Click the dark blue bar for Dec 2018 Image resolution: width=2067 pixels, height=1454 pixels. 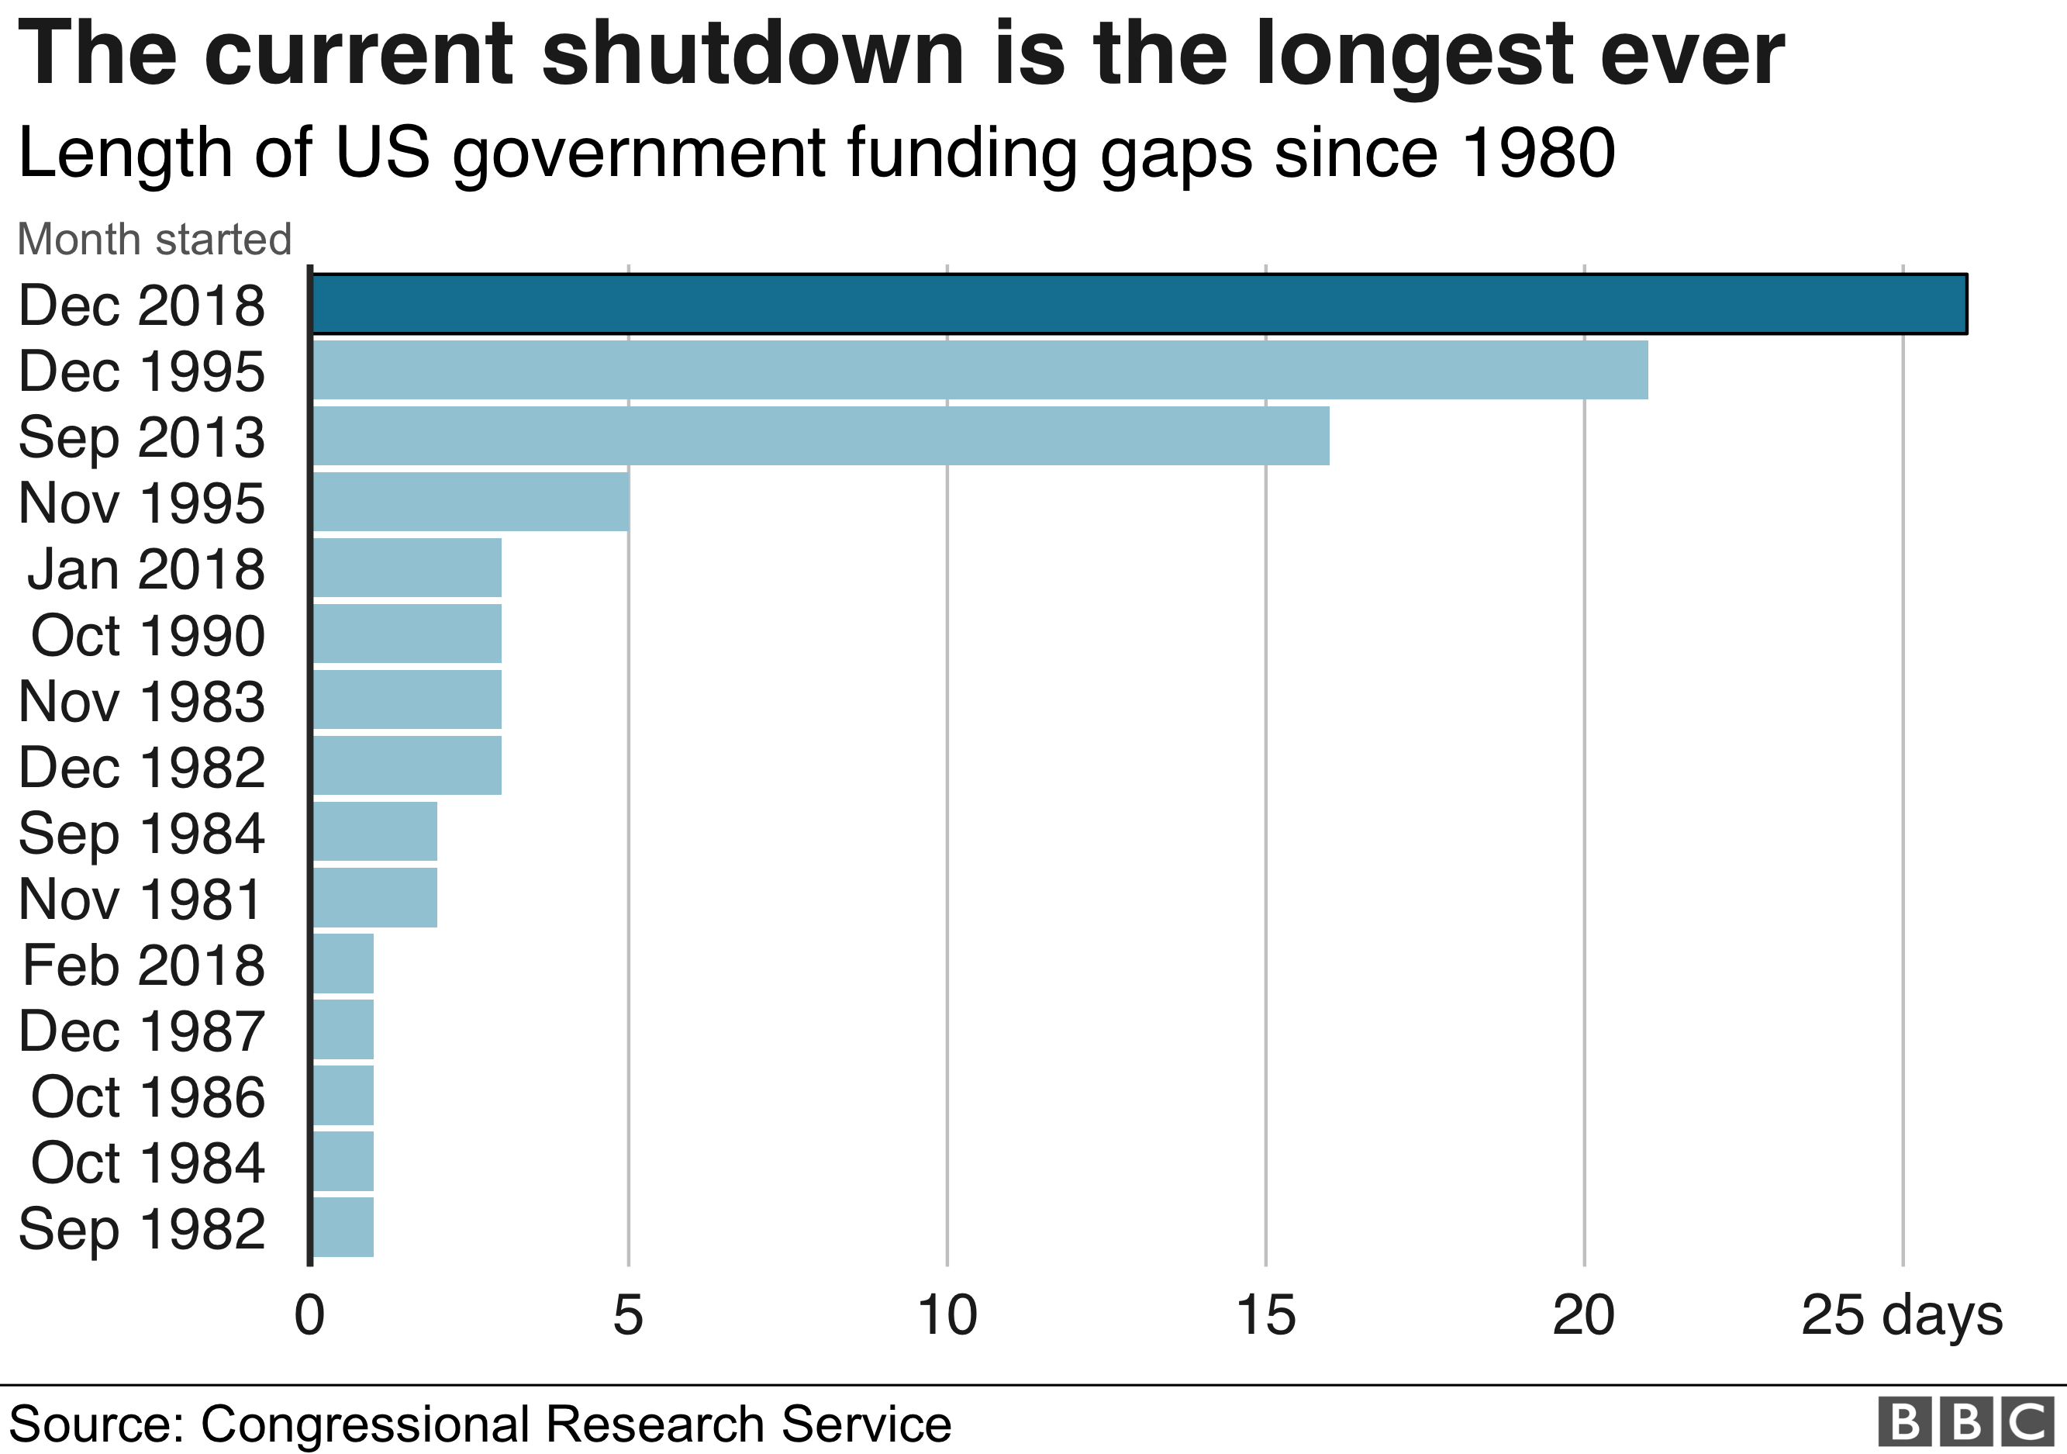(1139, 303)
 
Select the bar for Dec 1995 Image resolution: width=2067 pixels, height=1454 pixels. (979, 369)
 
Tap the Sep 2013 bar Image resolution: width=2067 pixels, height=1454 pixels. (820, 436)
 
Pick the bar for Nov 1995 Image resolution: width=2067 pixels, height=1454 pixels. (470, 502)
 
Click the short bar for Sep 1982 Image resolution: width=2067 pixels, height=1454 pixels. (343, 1227)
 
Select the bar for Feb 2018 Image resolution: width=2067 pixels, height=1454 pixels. (343, 963)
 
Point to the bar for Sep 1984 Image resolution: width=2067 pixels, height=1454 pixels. (374, 831)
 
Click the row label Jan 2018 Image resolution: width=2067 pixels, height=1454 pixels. (146, 569)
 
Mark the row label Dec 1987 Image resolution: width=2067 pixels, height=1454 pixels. (141, 1031)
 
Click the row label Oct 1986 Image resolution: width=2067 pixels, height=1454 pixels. (147, 1097)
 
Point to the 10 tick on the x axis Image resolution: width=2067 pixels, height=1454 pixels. (947, 1315)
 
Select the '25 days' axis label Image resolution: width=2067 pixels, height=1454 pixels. (1901, 1315)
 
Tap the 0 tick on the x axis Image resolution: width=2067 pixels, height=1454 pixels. (309, 1315)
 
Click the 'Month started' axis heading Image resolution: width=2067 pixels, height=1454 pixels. (154, 240)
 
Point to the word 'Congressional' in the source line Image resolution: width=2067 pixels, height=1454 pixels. (364, 1425)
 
